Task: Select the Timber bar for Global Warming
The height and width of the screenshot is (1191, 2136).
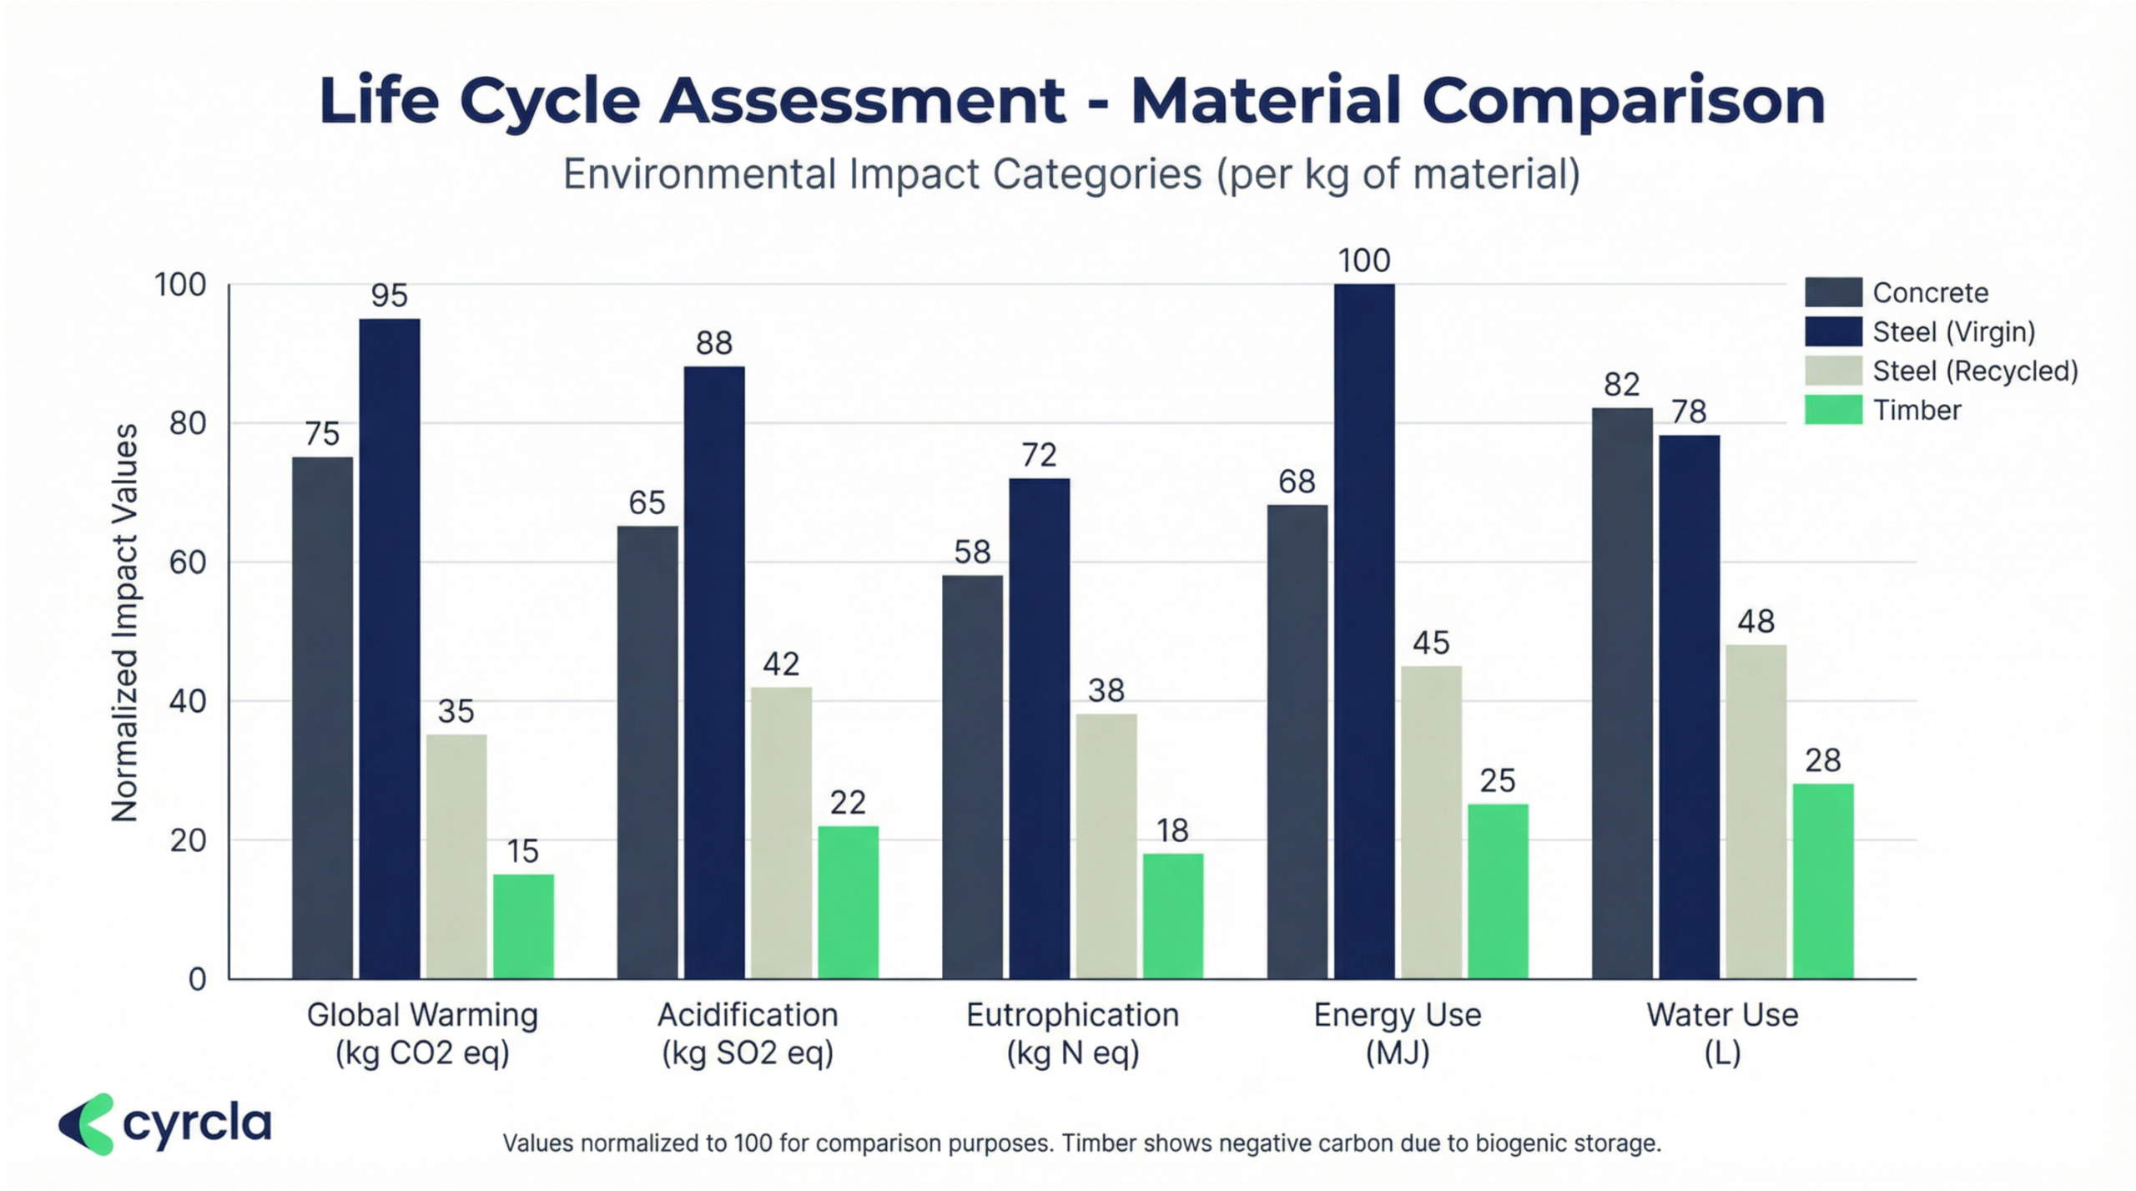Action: (523, 926)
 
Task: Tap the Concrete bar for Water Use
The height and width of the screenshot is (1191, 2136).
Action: (1621, 693)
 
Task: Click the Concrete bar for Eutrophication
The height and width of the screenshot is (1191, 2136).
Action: (972, 776)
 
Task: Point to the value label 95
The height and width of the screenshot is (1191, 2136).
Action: (389, 295)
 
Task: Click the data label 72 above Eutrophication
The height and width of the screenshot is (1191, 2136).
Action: (1039, 455)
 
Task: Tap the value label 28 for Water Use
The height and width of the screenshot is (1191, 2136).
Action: (1822, 760)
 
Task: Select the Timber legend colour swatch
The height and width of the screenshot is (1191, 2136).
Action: (1833, 410)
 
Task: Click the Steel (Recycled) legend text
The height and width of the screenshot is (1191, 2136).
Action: (1975, 371)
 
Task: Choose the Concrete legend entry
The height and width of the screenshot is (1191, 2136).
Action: (1930, 292)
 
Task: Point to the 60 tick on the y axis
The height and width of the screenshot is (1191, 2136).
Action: (188, 563)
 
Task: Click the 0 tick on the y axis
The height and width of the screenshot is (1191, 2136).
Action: (197, 979)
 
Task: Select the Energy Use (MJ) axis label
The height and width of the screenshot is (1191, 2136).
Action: (1398, 1032)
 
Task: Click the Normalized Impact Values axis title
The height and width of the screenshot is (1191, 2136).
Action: (124, 623)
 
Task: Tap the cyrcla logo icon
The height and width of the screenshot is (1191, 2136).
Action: (86, 1124)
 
